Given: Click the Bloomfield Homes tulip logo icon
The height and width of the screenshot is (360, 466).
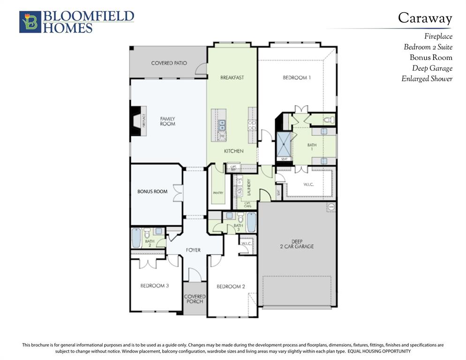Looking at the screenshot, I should [x=30, y=22].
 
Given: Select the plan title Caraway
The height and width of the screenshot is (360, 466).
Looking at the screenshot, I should [x=425, y=18].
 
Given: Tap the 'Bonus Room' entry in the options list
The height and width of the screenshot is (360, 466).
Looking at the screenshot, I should [x=431, y=58].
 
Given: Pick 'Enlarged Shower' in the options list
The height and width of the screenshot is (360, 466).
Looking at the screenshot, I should [x=427, y=79].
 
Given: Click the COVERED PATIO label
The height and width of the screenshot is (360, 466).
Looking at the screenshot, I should [x=169, y=63].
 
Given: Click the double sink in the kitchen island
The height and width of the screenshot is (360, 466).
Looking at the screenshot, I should [x=222, y=125].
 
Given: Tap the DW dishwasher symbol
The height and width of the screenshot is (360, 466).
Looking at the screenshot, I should [x=222, y=136].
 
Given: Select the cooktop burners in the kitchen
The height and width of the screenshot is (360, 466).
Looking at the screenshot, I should [x=252, y=125].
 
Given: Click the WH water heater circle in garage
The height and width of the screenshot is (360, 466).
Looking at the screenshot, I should [x=331, y=206].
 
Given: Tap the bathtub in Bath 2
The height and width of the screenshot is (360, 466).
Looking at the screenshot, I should [x=136, y=238].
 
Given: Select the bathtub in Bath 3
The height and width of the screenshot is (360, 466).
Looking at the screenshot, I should [x=251, y=222].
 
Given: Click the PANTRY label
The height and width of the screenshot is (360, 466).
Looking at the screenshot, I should [x=218, y=193].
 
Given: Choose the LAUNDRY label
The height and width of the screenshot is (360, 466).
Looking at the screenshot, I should [x=249, y=187].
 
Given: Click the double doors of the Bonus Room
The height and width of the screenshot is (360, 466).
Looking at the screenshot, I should [x=177, y=193].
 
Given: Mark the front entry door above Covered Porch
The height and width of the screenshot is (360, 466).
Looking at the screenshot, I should [x=195, y=275].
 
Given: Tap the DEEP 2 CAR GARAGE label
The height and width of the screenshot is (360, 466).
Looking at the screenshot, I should [x=297, y=244].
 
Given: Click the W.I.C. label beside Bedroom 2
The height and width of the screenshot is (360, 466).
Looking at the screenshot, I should [x=247, y=243].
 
